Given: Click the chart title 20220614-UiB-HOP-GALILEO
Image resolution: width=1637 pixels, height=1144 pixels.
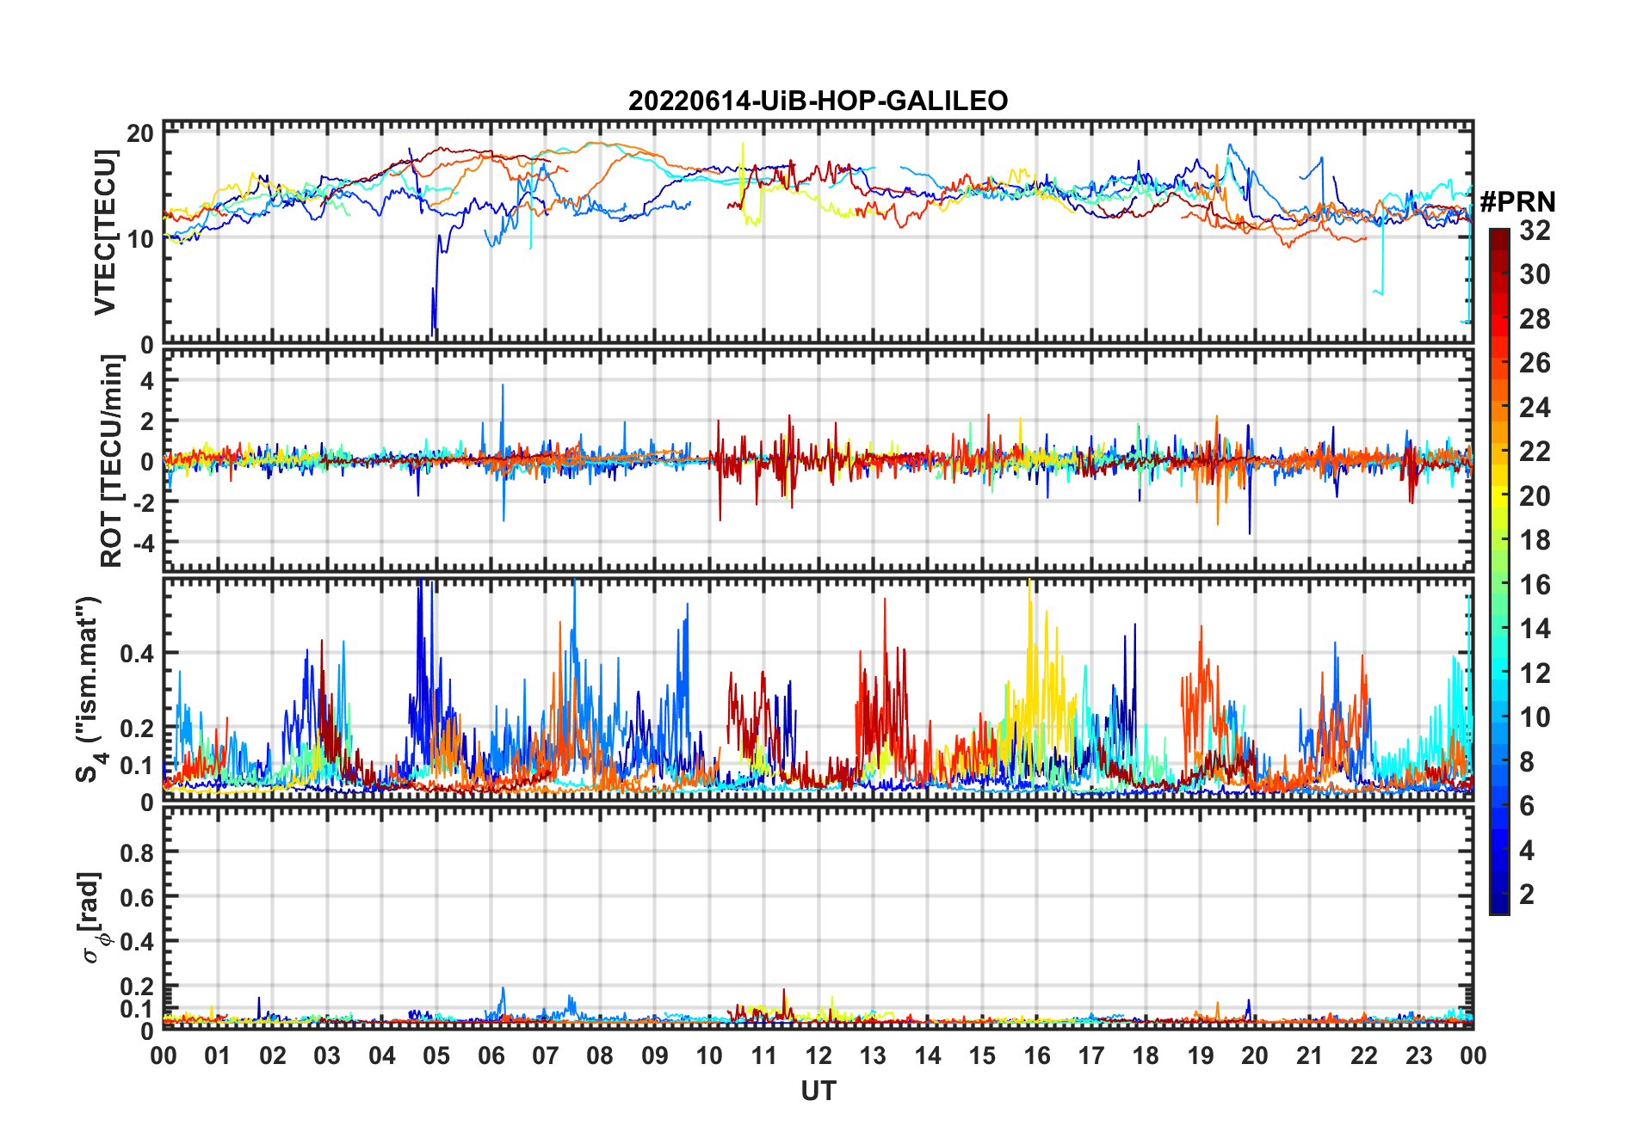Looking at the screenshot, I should pos(818,101).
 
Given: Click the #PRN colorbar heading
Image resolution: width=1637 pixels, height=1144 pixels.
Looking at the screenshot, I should pos(1517,202).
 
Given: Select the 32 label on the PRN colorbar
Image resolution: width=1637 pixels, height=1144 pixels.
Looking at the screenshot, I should pos(1535,231).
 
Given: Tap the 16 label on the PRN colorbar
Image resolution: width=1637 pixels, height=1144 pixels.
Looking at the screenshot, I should pos(1535,585).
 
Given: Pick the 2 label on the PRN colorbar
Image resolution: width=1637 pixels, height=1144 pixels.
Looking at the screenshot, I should pos(1527,895).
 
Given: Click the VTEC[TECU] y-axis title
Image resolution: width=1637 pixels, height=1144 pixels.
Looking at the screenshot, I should pos(105,232).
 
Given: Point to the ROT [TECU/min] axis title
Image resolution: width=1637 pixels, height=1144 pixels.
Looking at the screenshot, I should pos(112,461).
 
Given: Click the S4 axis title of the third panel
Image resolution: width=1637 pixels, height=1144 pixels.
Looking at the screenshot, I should pos(89,690).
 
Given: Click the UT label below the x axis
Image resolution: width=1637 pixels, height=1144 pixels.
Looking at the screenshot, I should pos(818,1091).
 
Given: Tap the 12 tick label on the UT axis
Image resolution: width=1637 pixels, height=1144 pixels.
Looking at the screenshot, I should pos(818,1055).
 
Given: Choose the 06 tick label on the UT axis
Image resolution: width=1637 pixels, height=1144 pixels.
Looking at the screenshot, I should pos(491,1055).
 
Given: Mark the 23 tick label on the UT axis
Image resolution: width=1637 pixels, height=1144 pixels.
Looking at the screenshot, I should pos(1418,1055).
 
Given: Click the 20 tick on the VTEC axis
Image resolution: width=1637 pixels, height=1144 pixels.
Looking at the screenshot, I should pos(140,133).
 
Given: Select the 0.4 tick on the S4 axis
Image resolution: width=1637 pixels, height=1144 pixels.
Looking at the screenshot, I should pos(137,654).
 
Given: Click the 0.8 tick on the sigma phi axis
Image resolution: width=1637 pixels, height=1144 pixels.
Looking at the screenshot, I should pos(137,852).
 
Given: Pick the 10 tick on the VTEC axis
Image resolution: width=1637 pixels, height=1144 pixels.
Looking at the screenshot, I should pos(140,238).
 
